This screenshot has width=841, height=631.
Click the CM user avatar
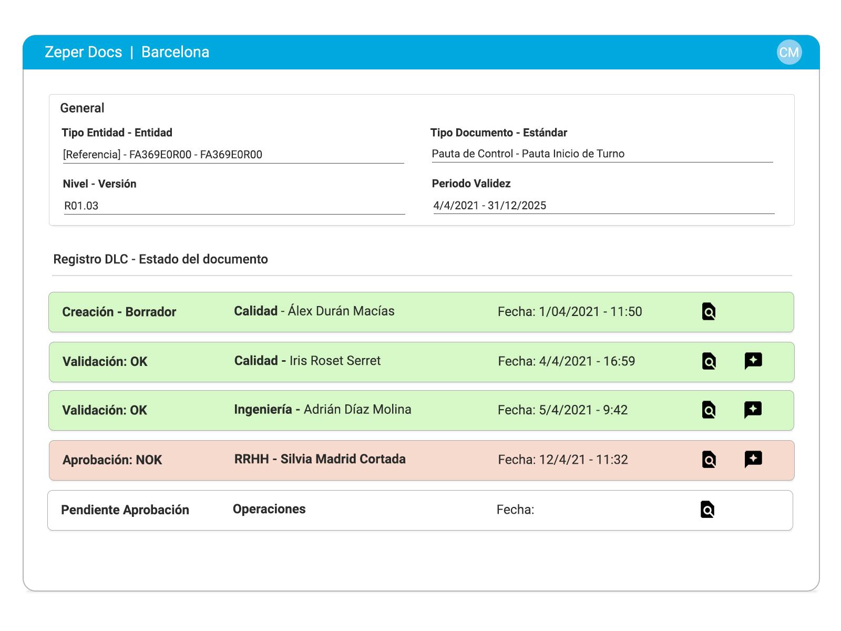click(789, 52)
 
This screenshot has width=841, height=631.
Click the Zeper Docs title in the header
click(83, 52)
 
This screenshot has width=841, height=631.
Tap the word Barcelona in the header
click(175, 52)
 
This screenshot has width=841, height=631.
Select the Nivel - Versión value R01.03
click(81, 206)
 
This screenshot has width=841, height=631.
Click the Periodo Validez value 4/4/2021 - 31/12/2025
click(489, 206)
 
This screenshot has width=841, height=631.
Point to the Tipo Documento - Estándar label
click(498, 133)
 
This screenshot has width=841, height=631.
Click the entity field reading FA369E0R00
click(162, 155)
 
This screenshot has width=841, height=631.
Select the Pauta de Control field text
click(528, 154)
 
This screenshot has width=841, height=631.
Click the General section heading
click(82, 108)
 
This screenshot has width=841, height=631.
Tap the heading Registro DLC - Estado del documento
click(160, 259)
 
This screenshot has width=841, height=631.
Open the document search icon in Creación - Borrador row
click(709, 312)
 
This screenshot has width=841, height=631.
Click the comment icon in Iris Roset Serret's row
click(753, 361)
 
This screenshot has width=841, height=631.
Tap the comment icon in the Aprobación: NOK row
click(753, 459)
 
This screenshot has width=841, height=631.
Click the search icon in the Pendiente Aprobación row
click(707, 510)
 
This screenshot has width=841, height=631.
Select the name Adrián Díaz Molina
click(357, 410)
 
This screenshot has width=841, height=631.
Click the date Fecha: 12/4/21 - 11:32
click(562, 460)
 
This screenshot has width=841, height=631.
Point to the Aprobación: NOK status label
click(112, 460)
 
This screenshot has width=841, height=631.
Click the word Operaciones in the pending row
click(269, 509)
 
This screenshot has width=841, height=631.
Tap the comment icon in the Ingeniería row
click(753, 410)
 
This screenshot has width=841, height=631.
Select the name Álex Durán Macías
click(341, 311)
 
